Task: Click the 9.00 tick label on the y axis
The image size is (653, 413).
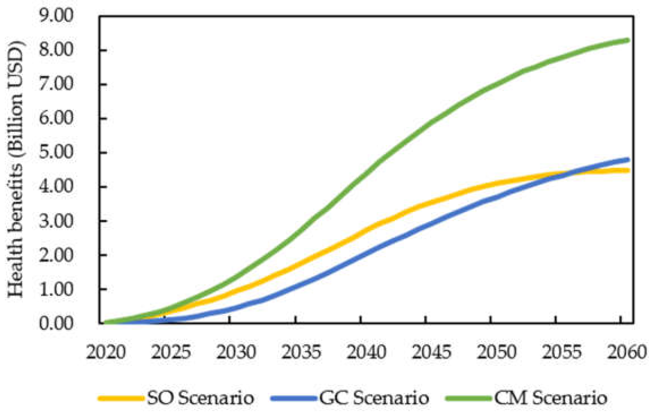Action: [56, 16]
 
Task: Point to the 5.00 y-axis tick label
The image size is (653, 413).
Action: [56, 152]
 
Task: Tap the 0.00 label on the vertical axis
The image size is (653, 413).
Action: [56, 323]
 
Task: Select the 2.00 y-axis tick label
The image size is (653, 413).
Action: [56, 255]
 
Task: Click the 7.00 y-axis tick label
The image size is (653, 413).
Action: [56, 84]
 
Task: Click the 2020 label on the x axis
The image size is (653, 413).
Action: [106, 352]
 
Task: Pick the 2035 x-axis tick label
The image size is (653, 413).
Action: [301, 352]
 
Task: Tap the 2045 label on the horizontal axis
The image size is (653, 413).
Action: [431, 352]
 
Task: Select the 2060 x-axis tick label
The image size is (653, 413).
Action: [627, 352]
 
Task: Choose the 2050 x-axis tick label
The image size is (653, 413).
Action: [497, 352]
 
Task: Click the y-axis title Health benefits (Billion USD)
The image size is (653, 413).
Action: [16, 170]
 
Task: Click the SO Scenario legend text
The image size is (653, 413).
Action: [200, 398]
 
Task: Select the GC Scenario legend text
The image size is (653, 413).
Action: [374, 398]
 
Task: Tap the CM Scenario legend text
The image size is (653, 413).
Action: [550, 398]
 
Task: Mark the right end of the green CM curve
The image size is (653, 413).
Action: [628, 41]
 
